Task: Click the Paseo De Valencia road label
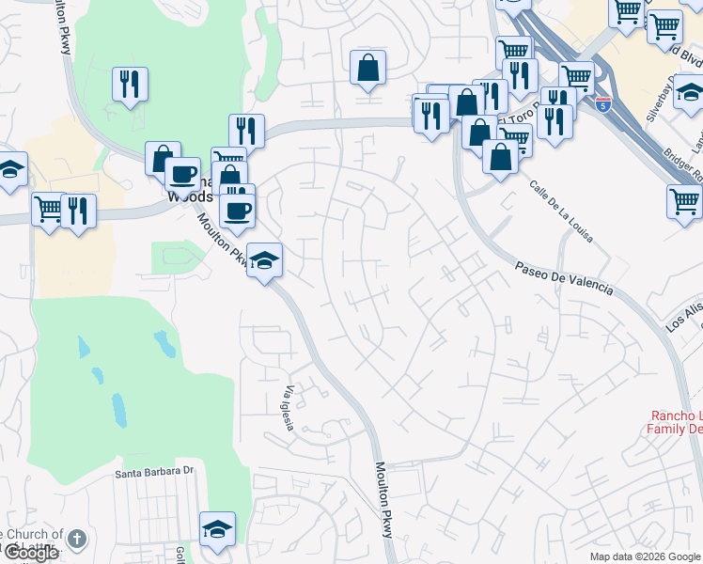coord(564,279)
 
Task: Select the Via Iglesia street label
coord(289,406)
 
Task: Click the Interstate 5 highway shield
coord(602,103)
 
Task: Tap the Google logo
coord(30,553)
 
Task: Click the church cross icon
coord(77,540)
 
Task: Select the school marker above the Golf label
coord(217,529)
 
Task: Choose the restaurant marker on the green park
coord(130,85)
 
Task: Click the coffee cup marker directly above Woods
coord(182,174)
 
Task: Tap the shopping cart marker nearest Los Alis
coord(684,201)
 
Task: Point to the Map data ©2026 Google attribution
coord(646,556)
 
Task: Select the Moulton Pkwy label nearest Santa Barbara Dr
coord(385,499)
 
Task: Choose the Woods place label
coord(189,197)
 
